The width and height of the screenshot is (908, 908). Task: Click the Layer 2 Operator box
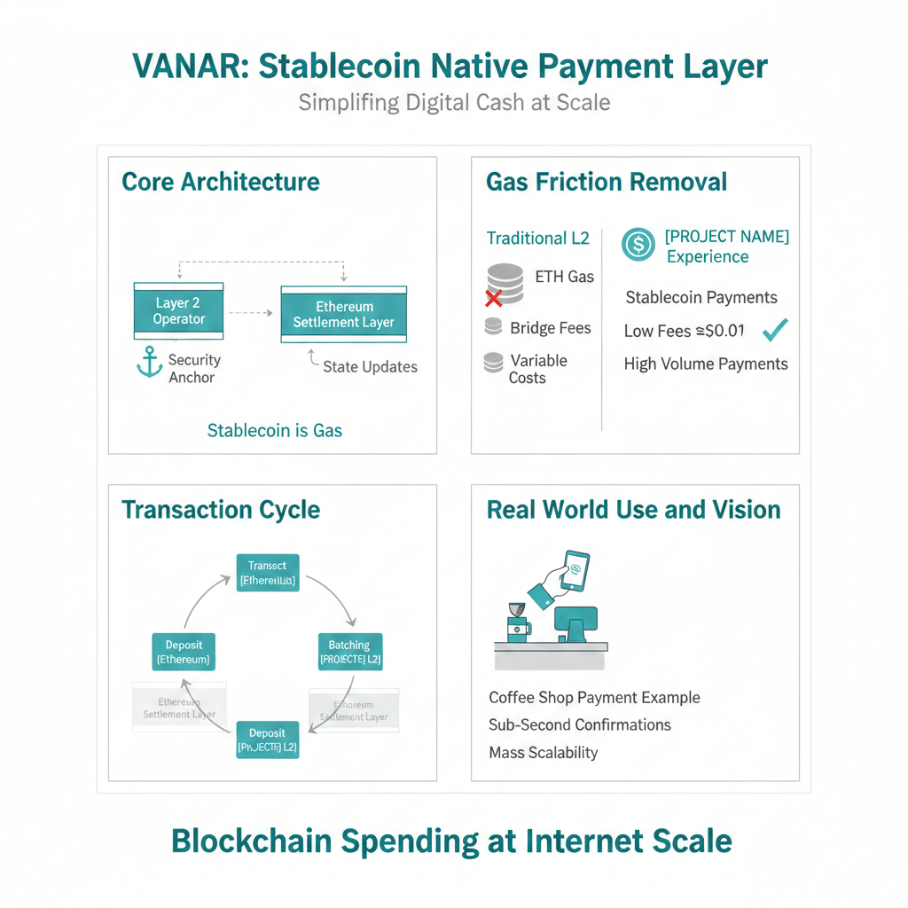tap(178, 310)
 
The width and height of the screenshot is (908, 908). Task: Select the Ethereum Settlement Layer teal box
tap(343, 314)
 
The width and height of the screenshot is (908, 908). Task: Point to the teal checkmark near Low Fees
tap(775, 330)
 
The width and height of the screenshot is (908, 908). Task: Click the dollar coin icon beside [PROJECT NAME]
tap(638, 244)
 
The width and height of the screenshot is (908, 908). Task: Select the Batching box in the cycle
tap(349, 652)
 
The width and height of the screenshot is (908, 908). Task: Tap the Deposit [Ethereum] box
tap(183, 652)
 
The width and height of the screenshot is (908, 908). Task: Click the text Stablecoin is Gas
tap(274, 431)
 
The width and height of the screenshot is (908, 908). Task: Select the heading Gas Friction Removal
tap(607, 183)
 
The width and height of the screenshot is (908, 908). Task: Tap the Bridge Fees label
tap(550, 328)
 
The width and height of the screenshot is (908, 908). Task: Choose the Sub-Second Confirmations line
tap(580, 724)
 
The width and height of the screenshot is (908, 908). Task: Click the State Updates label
tap(370, 366)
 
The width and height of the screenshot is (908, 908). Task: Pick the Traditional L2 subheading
tap(538, 238)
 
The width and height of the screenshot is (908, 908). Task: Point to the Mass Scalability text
tap(544, 753)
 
